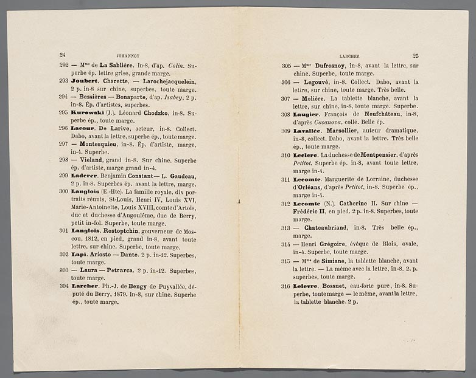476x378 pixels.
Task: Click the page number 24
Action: click(61, 54)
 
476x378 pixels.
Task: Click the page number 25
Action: click(415, 55)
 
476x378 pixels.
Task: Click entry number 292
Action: click(63, 65)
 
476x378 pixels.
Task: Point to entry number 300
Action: click(63, 191)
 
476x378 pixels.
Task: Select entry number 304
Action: click(63, 286)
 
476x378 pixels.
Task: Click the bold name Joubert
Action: click(85, 81)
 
